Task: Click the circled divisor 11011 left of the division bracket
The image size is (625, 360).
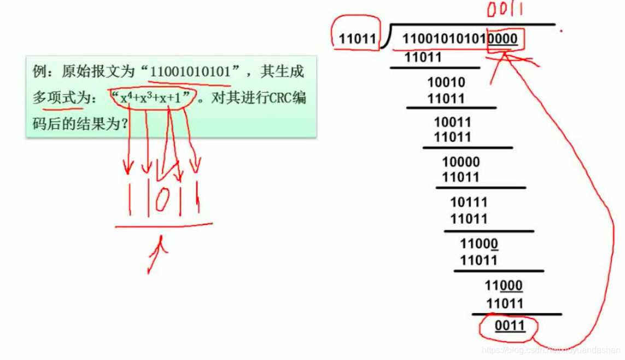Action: click(358, 39)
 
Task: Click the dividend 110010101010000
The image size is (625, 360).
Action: click(459, 39)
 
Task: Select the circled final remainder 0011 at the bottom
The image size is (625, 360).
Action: click(510, 327)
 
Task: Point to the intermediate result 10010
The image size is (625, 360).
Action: click(446, 83)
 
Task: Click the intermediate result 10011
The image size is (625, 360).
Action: click(452, 122)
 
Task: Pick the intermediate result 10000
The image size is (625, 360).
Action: click(460, 162)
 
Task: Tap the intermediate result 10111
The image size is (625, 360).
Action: click(469, 202)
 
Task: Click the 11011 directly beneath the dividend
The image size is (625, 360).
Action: click(423, 57)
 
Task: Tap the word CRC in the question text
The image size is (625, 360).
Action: click(274, 98)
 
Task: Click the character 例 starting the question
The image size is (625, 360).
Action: click(39, 72)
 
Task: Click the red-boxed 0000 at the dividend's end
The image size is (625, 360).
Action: click(503, 39)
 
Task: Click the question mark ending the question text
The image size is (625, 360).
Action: click(124, 125)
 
